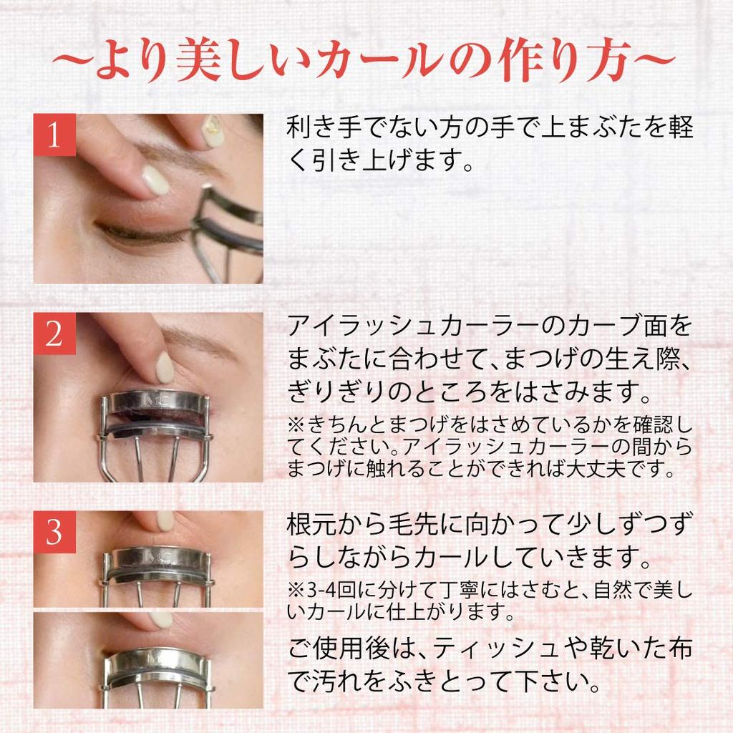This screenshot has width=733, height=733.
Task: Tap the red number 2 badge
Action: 54,334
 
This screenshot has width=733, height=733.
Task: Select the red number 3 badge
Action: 54,532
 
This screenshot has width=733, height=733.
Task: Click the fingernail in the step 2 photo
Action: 165,367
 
